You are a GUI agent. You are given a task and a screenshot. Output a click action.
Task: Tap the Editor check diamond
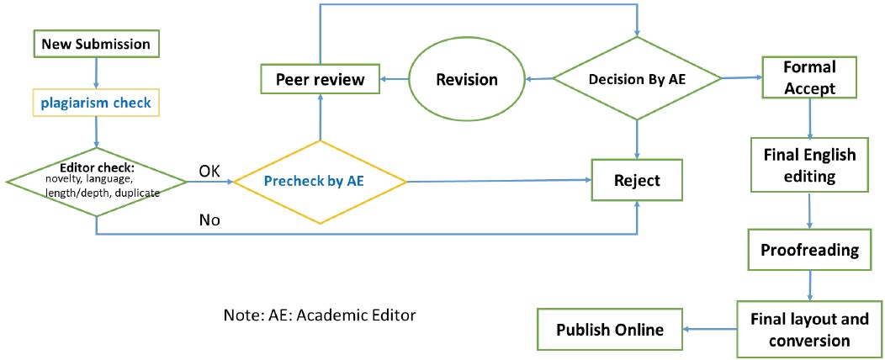[97, 180]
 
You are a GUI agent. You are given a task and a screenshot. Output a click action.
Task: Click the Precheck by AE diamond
[320, 180]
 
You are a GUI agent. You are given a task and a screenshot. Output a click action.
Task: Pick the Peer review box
[321, 80]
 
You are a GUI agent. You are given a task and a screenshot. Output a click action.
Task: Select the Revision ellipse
[467, 80]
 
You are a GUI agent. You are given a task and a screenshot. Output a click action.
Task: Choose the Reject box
[636, 180]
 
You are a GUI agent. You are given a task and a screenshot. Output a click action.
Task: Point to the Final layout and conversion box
[808, 329]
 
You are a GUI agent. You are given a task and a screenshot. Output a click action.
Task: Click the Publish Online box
[609, 329]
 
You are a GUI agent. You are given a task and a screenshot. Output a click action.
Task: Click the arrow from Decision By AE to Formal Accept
[741, 77]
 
